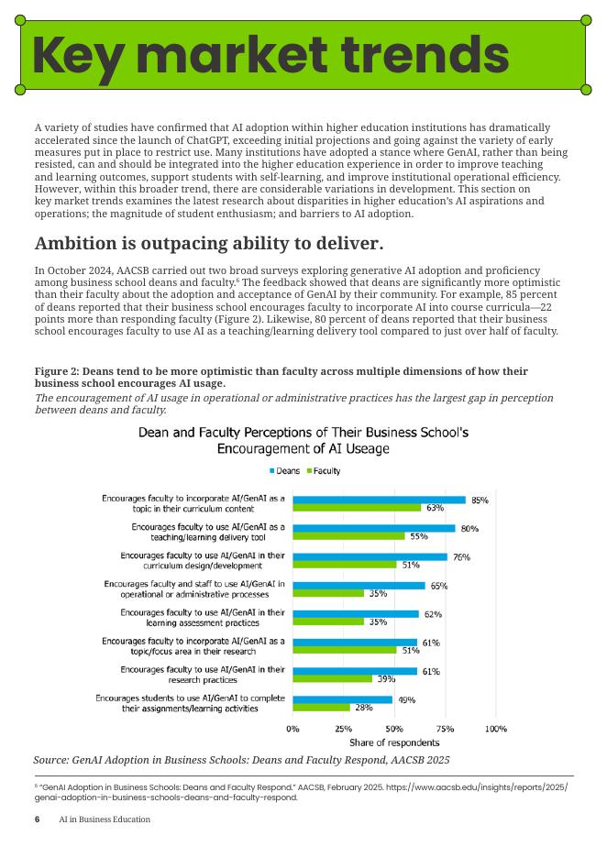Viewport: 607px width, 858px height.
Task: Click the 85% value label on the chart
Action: tap(480, 500)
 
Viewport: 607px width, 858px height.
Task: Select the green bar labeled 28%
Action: tap(321, 708)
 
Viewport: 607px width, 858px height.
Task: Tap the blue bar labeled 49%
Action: tap(342, 699)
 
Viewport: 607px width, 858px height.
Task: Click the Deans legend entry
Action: tap(285, 471)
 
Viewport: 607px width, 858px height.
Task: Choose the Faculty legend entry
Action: tap(323, 471)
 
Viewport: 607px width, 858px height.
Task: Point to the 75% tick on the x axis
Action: tap(445, 729)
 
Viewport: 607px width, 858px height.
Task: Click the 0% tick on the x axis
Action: tap(292, 729)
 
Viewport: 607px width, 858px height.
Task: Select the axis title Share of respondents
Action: tap(394, 742)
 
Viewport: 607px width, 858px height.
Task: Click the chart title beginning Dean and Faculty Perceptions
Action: tap(303, 440)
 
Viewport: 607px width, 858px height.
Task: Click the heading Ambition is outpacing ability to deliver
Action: tap(209, 244)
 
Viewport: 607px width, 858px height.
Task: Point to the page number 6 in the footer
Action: tap(38, 819)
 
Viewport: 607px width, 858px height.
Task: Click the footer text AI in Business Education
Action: tap(105, 819)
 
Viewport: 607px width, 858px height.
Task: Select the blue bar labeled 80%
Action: tap(373, 528)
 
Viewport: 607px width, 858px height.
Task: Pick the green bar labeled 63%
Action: tap(357, 508)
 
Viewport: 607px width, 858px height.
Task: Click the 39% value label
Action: tap(386, 679)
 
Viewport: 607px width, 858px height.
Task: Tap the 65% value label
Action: tap(439, 586)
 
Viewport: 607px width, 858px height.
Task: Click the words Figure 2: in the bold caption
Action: tap(57, 371)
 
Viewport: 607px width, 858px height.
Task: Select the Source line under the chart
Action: tap(241, 760)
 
